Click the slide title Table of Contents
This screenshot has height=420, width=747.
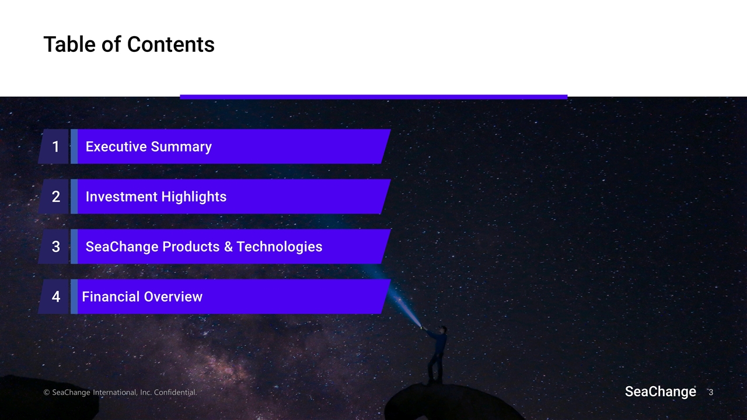(129, 44)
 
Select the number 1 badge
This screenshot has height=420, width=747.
(55, 147)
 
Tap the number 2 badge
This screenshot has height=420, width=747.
(55, 197)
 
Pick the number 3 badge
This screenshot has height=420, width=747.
(55, 247)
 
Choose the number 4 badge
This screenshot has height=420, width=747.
(55, 297)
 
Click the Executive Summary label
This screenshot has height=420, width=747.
(148, 147)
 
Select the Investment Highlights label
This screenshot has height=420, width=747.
(156, 197)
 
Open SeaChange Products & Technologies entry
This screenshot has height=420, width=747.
(204, 247)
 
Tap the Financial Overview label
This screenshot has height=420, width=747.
(142, 297)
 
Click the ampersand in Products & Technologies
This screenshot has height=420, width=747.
(229, 247)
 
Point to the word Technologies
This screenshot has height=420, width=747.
(279, 247)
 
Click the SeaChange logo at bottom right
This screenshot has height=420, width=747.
(660, 392)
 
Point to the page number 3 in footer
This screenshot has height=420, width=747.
(711, 393)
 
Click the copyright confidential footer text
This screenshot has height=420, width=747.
(120, 393)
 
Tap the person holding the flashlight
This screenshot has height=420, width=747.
(435, 353)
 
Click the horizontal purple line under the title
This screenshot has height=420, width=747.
(373, 97)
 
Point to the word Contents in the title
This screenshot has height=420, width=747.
(170, 44)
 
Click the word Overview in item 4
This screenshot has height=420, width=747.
(173, 297)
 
